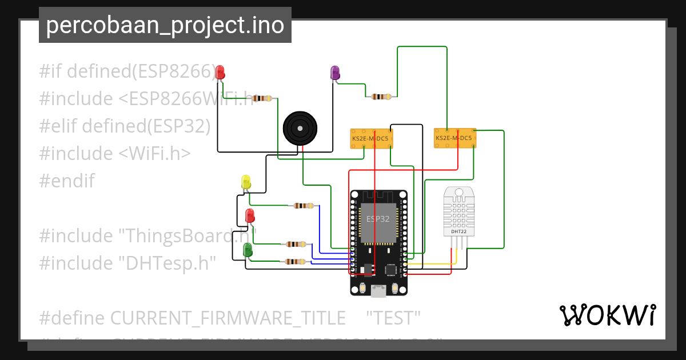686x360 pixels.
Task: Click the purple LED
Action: pyautogui.click(x=335, y=73)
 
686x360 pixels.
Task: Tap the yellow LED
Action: pyautogui.click(x=246, y=182)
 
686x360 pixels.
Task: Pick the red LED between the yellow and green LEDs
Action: pyautogui.click(x=250, y=216)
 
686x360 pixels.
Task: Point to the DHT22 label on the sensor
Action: pyautogui.click(x=458, y=231)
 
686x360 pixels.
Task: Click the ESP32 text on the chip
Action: pyautogui.click(x=378, y=219)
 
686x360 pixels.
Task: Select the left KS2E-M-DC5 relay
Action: pyautogui.click(x=372, y=138)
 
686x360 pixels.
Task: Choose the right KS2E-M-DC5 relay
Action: pyautogui.click(x=454, y=138)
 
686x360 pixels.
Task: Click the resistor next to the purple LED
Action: pyautogui.click(x=380, y=97)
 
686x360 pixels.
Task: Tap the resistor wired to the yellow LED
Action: pyautogui.click(x=303, y=206)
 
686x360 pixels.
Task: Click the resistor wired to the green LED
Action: pyautogui.click(x=294, y=262)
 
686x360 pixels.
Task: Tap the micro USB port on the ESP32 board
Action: pyautogui.click(x=378, y=291)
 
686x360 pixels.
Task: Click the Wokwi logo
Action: pyautogui.click(x=607, y=315)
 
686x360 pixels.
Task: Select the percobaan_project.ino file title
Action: pyautogui.click(x=165, y=25)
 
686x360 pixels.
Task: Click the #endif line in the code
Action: pyautogui.click(x=66, y=181)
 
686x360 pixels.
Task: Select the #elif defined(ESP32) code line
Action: pyautogui.click(x=125, y=126)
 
